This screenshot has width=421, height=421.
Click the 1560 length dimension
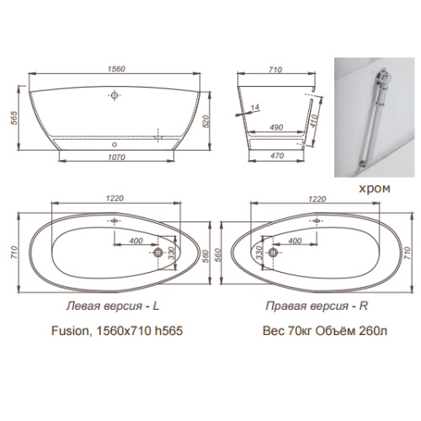point(116,69)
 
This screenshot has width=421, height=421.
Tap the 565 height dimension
point(14,118)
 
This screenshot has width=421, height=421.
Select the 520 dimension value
point(206,121)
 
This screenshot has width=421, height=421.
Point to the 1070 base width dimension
point(116,157)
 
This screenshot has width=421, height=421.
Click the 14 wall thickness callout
point(255,107)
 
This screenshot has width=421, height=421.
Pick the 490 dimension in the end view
point(276,127)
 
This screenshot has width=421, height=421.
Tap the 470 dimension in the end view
point(277,156)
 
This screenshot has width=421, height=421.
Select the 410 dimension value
point(314,120)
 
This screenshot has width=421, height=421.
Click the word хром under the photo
point(375,189)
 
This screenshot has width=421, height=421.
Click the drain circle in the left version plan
point(158,253)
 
